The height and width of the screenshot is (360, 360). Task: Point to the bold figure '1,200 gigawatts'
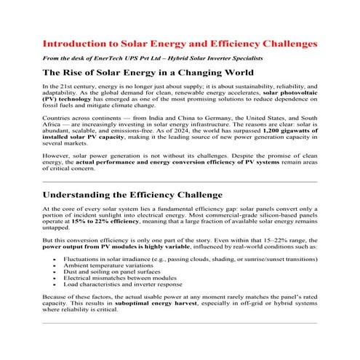pos(283,129)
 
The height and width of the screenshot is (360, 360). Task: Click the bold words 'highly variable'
pos(167,247)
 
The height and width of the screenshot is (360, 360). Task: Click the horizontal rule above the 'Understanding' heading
pos(180,180)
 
